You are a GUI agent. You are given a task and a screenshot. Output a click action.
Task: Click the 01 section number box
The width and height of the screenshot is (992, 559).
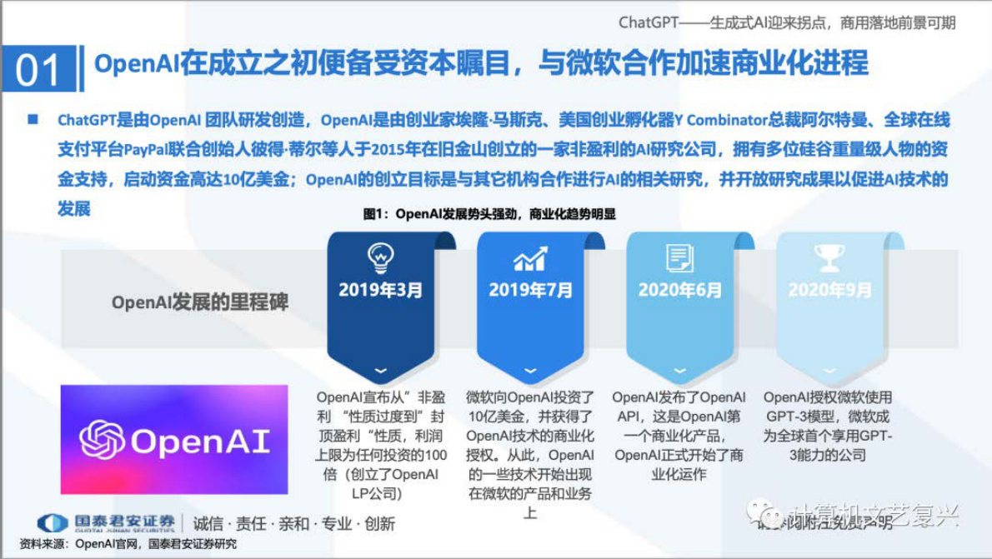[x=38, y=68]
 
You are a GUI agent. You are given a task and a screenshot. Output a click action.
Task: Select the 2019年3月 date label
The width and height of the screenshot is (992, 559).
[x=380, y=290]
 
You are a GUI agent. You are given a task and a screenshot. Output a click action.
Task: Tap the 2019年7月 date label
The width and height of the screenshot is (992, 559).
[x=530, y=290]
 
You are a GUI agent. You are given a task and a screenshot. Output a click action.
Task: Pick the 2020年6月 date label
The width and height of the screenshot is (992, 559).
[x=680, y=290]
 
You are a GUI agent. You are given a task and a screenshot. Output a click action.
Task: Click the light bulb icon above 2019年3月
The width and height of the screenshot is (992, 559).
[x=380, y=257]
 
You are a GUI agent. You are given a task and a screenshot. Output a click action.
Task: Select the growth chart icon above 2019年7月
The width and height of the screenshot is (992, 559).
[x=530, y=258]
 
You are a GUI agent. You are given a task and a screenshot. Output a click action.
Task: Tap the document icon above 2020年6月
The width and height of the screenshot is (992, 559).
[x=680, y=257]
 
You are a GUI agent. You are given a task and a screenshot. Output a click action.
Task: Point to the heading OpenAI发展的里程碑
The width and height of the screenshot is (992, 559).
[x=200, y=302]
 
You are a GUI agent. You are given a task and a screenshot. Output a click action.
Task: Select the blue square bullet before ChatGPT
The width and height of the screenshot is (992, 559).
[x=33, y=120]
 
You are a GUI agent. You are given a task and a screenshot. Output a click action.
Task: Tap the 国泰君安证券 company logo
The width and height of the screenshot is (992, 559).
[x=107, y=523]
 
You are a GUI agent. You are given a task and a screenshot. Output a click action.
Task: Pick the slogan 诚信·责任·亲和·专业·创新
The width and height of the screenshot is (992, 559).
[x=294, y=524]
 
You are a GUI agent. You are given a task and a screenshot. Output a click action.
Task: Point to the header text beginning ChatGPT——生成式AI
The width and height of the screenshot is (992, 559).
[x=787, y=22]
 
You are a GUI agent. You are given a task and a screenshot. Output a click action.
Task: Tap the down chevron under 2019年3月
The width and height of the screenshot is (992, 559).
[x=380, y=370]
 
